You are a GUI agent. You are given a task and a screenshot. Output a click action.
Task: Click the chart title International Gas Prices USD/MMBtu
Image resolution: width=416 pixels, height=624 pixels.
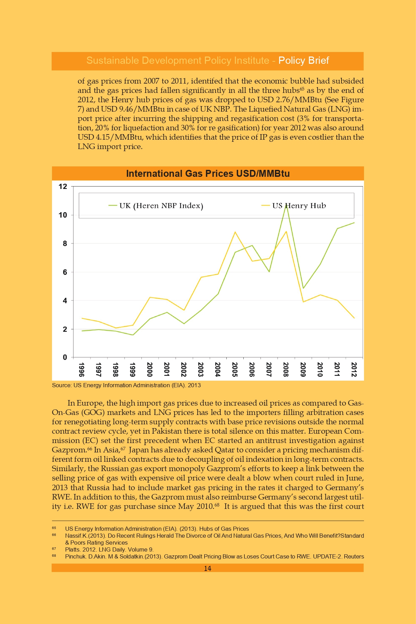coord(208,173)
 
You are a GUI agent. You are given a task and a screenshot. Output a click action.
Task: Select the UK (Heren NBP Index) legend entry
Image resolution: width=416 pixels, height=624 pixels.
coord(156,206)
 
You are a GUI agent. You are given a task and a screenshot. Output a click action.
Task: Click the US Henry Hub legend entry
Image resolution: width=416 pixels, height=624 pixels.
coord(294,206)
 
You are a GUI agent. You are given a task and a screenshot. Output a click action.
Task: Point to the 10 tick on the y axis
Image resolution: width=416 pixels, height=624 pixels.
coord(63,215)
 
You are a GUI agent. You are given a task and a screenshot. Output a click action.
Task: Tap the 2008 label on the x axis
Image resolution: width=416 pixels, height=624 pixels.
coord(286,370)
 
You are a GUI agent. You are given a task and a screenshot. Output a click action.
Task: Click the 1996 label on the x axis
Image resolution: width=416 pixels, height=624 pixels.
coord(81,370)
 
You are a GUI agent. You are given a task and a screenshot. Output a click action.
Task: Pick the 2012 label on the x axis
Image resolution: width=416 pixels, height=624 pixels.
coord(354,370)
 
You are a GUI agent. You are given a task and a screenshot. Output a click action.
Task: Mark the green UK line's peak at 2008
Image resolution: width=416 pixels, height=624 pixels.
coord(286,205)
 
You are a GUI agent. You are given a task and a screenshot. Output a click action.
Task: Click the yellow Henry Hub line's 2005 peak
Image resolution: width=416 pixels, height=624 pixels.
coord(235,232)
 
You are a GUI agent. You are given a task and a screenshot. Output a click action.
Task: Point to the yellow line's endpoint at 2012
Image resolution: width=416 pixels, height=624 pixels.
coord(354,318)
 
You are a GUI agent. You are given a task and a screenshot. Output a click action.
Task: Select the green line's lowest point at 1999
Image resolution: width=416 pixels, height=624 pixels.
coord(132,335)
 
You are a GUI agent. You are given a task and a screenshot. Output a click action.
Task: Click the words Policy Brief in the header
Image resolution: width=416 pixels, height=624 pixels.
coord(304,61)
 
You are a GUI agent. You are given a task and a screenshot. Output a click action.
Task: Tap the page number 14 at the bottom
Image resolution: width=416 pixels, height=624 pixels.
coord(208,568)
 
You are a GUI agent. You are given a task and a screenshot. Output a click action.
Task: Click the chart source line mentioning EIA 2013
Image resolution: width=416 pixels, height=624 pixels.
coord(126,385)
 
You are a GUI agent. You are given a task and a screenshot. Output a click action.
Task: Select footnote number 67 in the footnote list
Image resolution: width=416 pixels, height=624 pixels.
coord(54,549)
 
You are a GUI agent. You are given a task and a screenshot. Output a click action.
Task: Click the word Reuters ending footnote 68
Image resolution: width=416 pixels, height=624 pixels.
coord(354,556)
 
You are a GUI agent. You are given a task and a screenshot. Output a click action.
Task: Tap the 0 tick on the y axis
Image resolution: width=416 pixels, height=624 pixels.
coord(65,357)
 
